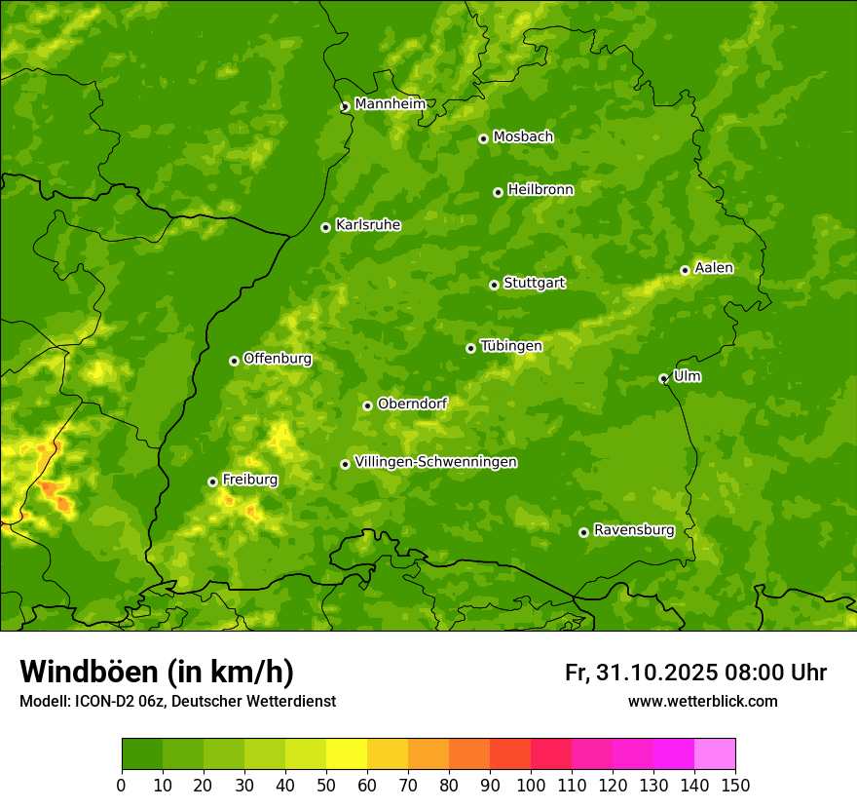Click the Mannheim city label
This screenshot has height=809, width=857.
click(x=390, y=103)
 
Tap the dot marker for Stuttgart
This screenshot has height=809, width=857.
click(x=494, y=285)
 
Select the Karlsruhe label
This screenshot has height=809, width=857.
click(x=367, y=225)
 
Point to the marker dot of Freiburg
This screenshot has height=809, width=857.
click(x=212, y=482)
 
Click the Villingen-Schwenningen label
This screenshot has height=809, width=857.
click(x=435, y=462)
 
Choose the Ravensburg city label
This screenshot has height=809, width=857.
click(x=633, y=530)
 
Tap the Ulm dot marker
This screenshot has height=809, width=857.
click(x=663, y=378)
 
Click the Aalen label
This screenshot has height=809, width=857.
click(x=714, y=268)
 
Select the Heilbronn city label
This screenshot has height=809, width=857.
click(x=540, y=190)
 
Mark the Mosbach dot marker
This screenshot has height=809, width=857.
click(x=483, y=138)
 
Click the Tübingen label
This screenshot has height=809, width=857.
click(x=510, y=346)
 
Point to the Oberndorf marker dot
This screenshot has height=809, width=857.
click(x=367, y=405)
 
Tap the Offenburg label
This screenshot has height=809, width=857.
click(x=278, y=359)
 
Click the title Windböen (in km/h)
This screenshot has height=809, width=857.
click(x=156, y=672)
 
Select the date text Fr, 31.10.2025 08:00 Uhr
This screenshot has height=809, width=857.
click(x=695, y=673)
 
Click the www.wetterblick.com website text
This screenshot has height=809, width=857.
click(x=702, y=701)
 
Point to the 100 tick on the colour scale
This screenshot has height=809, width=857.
click(x=531, y=785)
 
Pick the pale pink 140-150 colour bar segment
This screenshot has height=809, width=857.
click(x=715, y=754)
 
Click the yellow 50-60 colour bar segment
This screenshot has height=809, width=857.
click(x=347, y=754)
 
